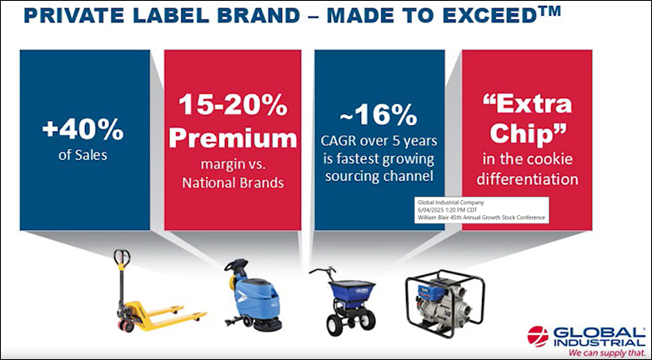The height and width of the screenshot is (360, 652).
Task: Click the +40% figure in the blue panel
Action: click(x=83, y=130)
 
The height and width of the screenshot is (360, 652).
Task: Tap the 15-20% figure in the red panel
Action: click(x=233, y=106)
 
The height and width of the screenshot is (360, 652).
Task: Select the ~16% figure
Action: click(x=379, y=115)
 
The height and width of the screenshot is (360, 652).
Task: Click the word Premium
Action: click(x=233, y=138)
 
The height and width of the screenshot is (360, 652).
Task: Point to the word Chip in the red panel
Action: click(x=527, y=133)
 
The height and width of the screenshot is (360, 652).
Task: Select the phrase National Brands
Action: click(x=233, y=182)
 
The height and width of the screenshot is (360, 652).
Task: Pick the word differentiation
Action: click(x=527, y=179)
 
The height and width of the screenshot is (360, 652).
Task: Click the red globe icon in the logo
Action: click(x=538, y=336)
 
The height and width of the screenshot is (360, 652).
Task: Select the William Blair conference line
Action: click(x=482, y=217)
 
